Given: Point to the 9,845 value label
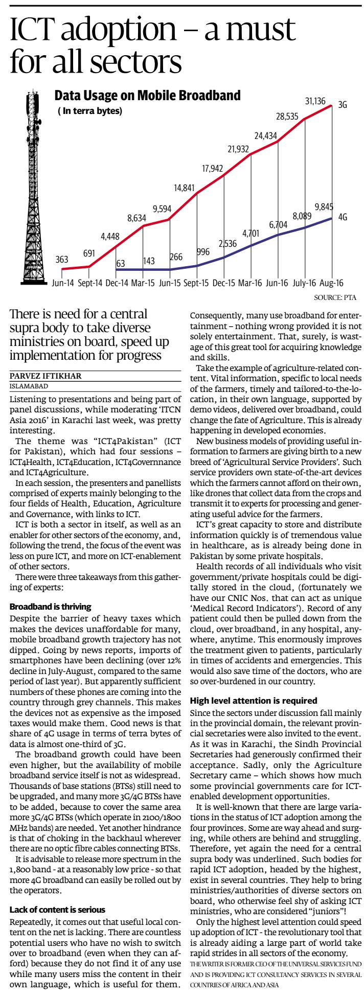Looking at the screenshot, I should pyautogui.click(x=324, y=207).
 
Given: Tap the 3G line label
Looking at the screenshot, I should pyautogui.click(x=343, y=106).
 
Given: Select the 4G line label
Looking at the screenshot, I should pyautogui.click(x=343, y=217).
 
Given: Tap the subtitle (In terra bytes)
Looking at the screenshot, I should pyautogui.click(x=89, y=110).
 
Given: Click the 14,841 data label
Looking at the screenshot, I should pyautogui.click(x=184, y=188).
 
